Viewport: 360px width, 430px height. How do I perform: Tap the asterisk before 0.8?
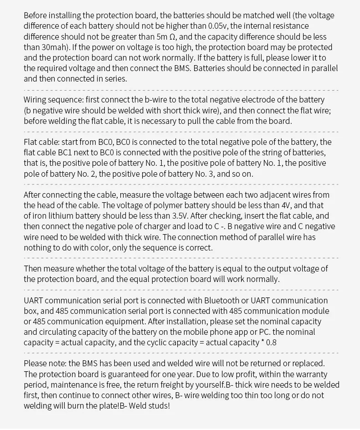point(262,341)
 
